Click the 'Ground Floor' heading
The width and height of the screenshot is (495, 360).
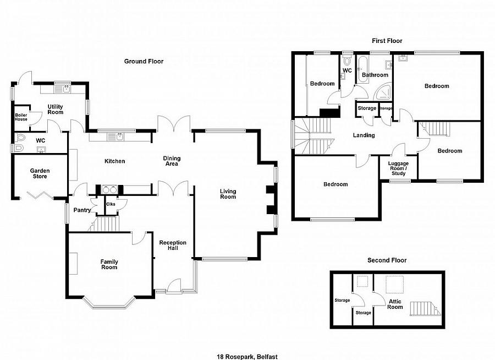coord(144,62)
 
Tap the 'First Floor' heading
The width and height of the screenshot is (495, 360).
coord(387,41)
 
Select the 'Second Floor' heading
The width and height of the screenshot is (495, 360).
coord(387,260)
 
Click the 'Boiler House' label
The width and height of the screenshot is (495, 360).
coord(20,117)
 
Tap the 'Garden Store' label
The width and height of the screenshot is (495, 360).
coord(40,174)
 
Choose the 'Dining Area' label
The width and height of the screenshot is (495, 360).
coord(172,161)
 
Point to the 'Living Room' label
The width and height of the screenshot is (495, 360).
coord(228,194)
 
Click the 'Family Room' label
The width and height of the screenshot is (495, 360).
coord(109,264)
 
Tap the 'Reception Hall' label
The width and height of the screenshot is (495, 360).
coord(173,246)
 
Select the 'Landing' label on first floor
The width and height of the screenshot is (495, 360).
coord(364,135)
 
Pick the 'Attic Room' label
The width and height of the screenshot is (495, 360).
coord(394,304)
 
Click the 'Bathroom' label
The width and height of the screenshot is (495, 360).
coord(375,75)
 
